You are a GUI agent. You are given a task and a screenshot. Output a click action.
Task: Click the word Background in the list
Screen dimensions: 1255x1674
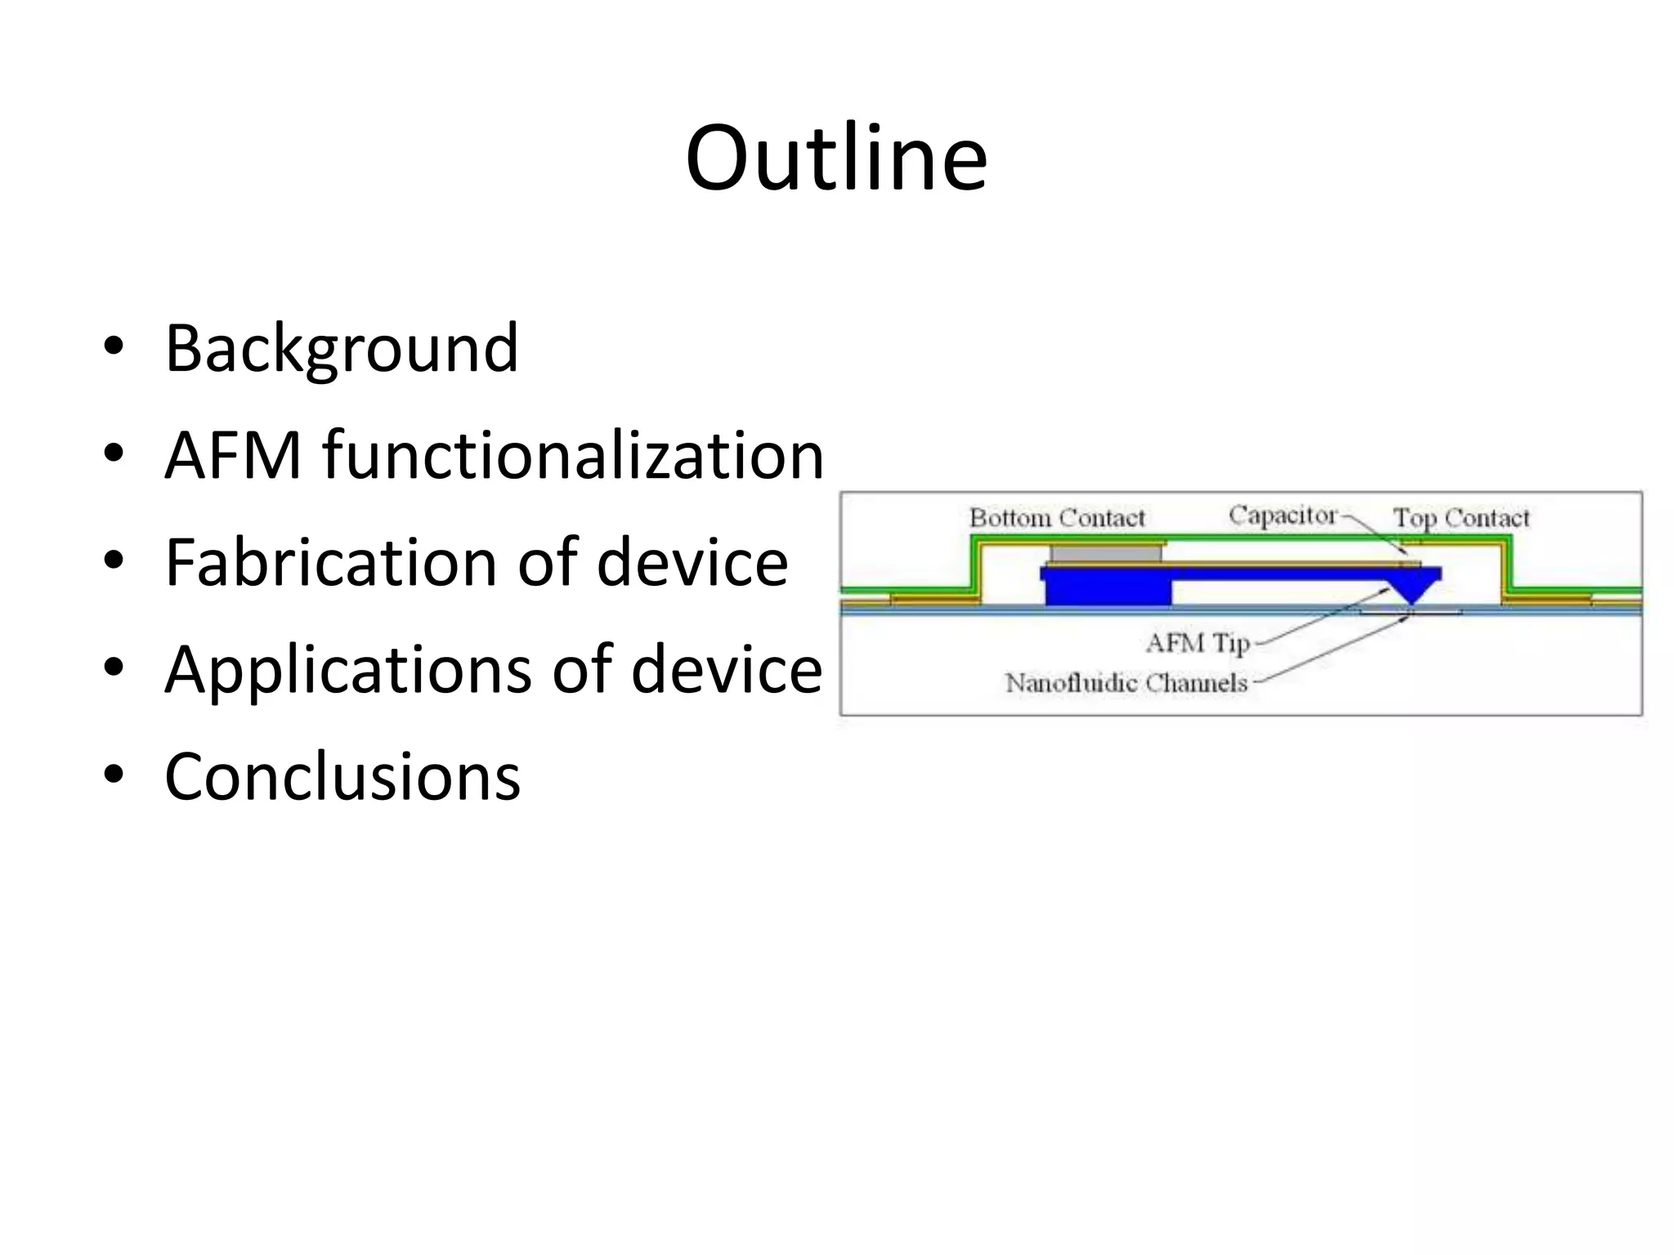[341, 348]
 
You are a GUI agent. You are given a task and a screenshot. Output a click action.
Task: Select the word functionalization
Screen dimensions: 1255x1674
[573, 455]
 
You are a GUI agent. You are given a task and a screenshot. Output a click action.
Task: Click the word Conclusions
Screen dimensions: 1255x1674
[342, 776]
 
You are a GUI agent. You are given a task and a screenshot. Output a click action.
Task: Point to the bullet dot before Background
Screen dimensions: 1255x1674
[114, 346]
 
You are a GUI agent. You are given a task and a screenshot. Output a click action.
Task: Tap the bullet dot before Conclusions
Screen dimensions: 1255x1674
[114, 774]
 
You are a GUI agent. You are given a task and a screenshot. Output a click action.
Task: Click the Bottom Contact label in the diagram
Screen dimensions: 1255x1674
[1056, 518]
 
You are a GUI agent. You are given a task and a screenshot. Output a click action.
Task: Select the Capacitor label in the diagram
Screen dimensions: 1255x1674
[1282, 516]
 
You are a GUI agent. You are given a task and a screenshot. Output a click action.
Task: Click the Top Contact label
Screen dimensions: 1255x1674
[1461, 518]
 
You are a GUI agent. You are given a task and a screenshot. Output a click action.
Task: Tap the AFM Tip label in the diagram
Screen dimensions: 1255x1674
[1197, 643]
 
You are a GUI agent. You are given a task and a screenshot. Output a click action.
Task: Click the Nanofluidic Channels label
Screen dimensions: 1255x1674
[1126, 683]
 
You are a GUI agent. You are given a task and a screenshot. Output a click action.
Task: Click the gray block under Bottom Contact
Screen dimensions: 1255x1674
[1106, 553]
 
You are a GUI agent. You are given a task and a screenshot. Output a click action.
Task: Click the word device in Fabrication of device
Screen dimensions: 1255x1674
[692, 562]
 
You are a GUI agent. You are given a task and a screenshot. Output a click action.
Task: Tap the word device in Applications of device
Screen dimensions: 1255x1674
[726, 670]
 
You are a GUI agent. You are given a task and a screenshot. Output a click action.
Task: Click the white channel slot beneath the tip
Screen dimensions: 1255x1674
[1410, 611]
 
